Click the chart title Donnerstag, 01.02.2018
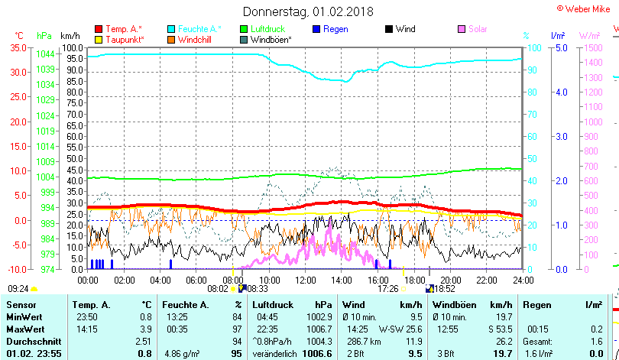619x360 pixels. (x=308, y=11)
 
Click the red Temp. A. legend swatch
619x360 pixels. (x=98, y=29)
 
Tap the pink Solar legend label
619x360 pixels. (x=478, y=29)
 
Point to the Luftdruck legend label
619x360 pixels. (x=272, y=29)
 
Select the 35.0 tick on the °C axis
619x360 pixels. (x=16, y=47)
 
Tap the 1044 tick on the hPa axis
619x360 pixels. (x=45, y=54)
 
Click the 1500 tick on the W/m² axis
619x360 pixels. (x=591, y=47)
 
